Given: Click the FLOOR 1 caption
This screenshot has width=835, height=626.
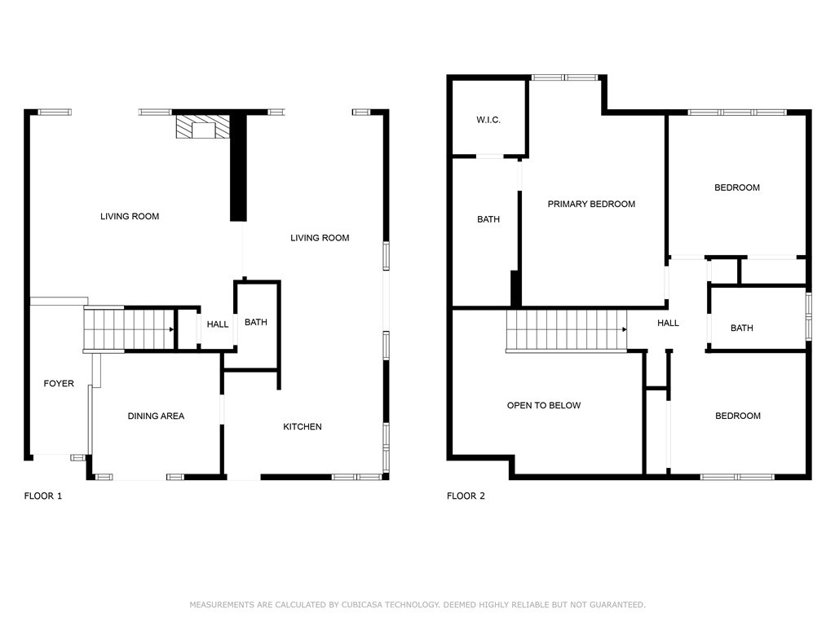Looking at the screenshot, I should (42, 496).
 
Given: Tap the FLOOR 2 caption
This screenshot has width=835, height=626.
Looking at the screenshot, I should (466, 496).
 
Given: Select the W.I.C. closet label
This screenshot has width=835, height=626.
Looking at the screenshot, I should (488, 121).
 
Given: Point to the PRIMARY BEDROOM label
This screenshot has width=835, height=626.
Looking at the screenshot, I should (591, 204).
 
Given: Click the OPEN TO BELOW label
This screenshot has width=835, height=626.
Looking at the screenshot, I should (544, 405).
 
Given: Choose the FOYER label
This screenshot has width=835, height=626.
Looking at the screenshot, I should (59, 383).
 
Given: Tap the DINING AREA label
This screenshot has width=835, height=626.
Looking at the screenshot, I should (156, 416).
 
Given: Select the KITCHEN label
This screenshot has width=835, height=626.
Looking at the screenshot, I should (303, 426).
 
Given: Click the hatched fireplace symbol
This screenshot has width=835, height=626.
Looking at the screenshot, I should (201, 128).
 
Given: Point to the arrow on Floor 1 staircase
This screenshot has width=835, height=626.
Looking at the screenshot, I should (171, 329).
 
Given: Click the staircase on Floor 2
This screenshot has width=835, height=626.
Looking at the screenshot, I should (566, 330).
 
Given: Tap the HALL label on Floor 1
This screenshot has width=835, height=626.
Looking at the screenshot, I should (218, 324).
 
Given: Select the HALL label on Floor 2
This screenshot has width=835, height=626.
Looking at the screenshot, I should (669, 323).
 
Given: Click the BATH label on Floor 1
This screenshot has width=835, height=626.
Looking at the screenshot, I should (256, 322).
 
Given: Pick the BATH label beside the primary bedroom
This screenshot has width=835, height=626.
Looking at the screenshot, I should (488, 219).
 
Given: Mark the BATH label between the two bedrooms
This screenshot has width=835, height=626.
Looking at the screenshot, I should (742, 328).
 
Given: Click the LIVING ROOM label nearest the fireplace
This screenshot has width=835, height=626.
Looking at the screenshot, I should (130, 216).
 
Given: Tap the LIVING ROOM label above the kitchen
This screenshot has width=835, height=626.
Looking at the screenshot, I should (320, 238).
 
